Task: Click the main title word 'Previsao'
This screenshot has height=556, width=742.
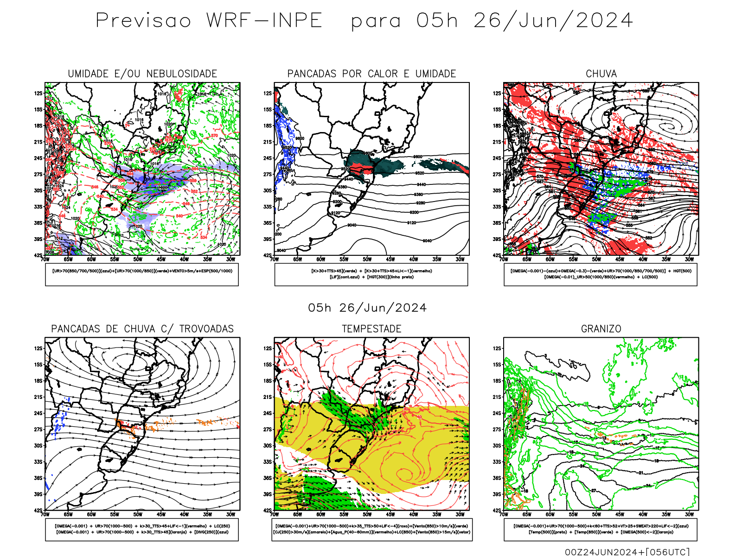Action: click(143, 21)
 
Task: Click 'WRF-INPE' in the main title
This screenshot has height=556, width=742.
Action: click(264, 21)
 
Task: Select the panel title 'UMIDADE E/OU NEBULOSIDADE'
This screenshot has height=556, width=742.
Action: click(142, 74)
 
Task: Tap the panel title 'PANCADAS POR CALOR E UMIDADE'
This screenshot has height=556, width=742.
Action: click(371, 74)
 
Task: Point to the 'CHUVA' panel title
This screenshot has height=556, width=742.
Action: click(601, 74)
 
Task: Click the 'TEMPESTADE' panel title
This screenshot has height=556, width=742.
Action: click(371, 329)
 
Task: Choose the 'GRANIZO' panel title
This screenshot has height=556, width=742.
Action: click(601, 329)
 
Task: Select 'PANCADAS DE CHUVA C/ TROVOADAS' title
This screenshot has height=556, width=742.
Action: click(142, 329)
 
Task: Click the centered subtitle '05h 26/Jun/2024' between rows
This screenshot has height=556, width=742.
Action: click(367, 308)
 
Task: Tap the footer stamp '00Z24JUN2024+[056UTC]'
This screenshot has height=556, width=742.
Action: click(627, 552)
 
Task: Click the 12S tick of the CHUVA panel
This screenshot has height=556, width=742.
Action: click(497, 93)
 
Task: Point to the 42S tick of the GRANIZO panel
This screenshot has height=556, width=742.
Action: click(497, 510)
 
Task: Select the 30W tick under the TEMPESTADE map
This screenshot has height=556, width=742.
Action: click(460, 514)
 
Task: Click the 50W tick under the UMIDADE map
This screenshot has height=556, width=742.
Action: click(138, 259)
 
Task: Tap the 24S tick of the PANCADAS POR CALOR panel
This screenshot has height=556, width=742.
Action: click(268, 158)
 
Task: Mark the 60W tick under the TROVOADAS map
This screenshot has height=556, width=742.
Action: click(91, 514)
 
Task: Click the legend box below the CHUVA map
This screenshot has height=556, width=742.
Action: click(601, 274)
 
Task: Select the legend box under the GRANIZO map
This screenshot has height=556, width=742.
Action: click(601, 529)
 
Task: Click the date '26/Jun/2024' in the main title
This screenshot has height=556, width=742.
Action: click(553, 21)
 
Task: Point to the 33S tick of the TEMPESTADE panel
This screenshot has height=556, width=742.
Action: click(268, 461)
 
